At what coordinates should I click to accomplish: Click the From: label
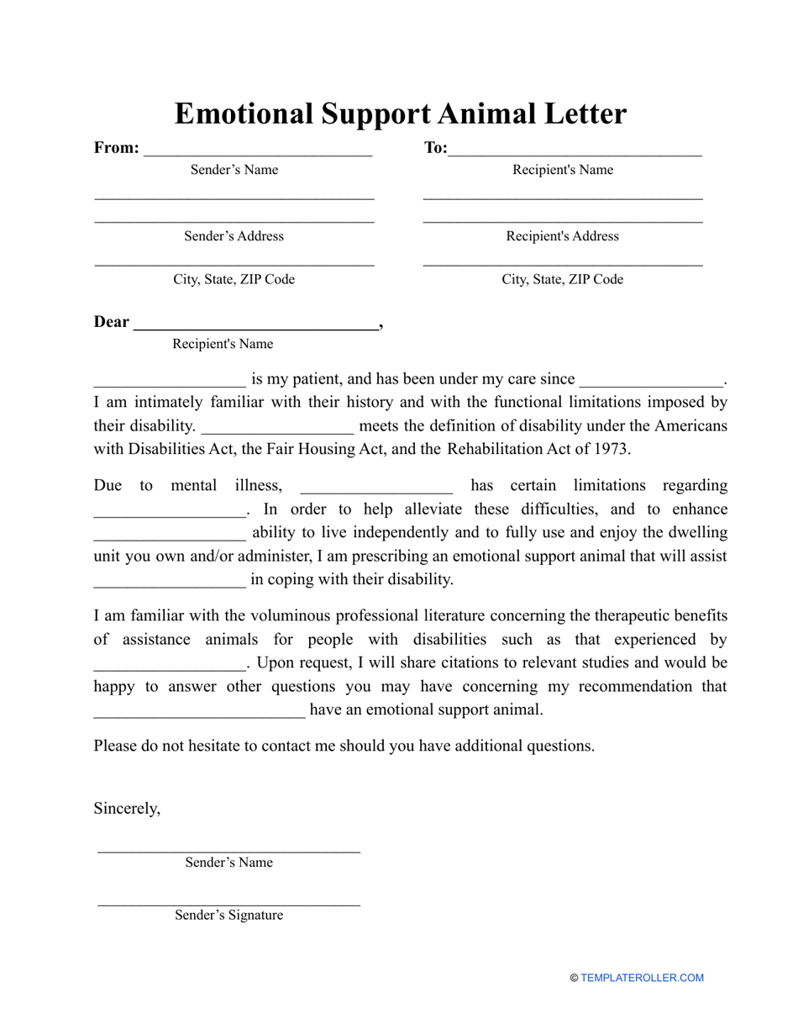click(x=117, y=148)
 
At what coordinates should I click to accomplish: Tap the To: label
click(x=436, y=148)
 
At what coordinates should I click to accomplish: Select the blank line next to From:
click(x=258, y=154)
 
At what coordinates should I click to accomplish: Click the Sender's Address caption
click(x=234, y=236)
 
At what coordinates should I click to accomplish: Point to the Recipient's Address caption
click(x=562, y=236)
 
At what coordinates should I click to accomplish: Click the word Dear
click(x=112, y=322)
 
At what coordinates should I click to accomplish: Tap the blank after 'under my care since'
click(x=652, y=383)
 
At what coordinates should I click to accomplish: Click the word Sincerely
click(x=127, y=809)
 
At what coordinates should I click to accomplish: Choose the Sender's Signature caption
click(x=228, y=915)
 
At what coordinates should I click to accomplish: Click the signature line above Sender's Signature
click(x=228, y=905)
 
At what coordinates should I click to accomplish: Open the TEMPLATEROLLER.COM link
click(x=642, y=978)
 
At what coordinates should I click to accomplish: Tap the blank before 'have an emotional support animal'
click(x=199, y=715)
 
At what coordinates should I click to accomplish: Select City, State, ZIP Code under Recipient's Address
click(x=562, y=280)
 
